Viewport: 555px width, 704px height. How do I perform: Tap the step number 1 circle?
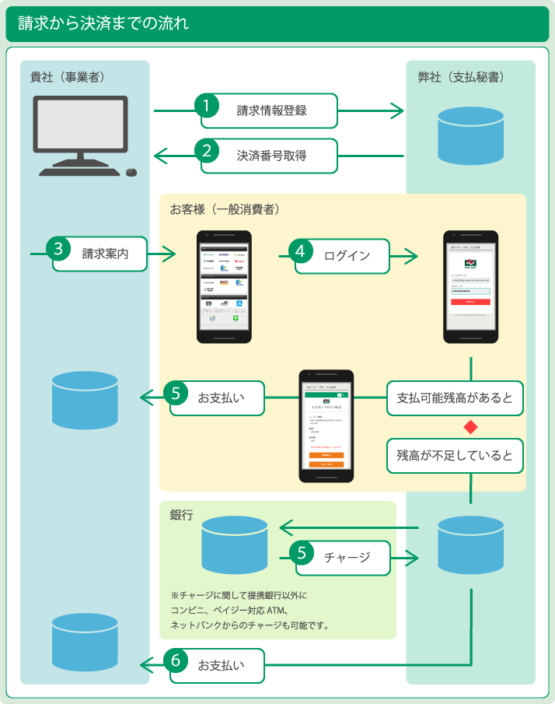[x=206, y=105]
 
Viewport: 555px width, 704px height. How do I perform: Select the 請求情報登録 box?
[x=271, y=110]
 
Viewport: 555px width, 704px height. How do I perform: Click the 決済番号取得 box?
[x=271, y=156]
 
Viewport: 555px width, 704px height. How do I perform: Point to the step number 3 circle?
[x=58, y=248]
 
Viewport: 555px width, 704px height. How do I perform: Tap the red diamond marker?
[x=469, y=426]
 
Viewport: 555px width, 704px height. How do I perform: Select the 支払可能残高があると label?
[x=455, y=398]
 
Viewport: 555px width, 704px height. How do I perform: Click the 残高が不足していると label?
[x=455, y=456]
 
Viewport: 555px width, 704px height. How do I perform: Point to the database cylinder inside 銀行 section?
[x=234, y=544]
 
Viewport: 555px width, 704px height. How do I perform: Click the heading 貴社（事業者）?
[x=68, y=77]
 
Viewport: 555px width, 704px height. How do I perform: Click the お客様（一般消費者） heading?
[x=225, y=209]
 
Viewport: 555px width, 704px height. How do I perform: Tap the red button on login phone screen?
[x=470, y=301]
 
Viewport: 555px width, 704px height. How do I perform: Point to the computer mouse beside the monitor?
[x=131, y=172]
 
